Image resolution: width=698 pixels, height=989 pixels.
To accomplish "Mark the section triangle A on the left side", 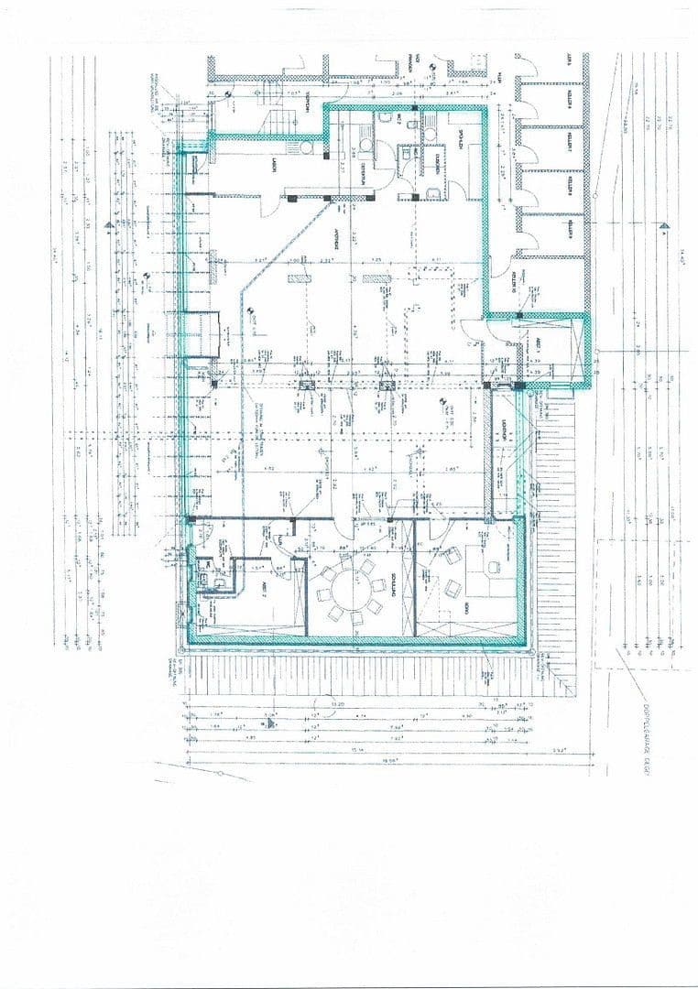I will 110,223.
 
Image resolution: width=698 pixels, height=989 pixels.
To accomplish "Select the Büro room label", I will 466,608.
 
